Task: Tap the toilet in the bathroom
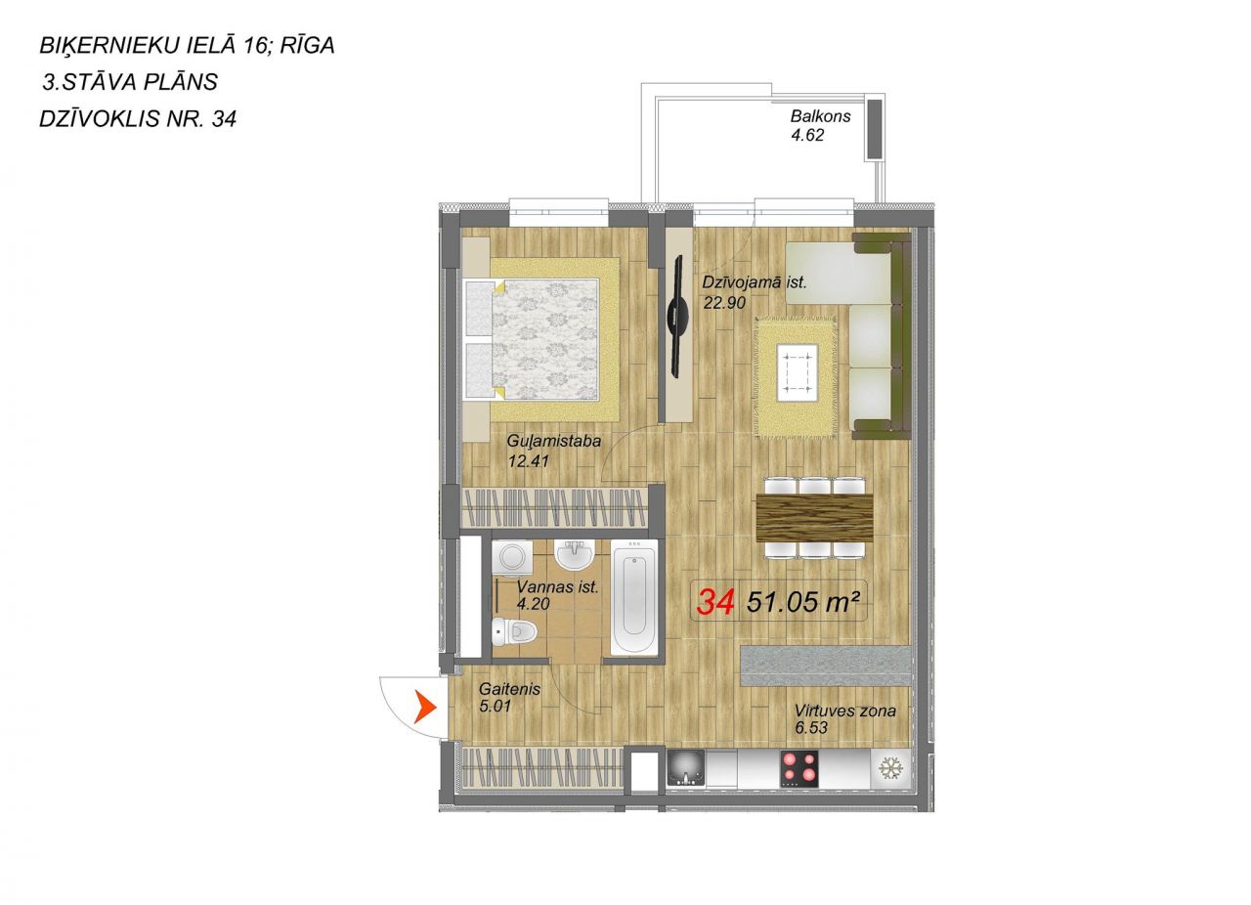[514, 631]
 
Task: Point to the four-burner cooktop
[799, 769]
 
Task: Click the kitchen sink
[686, 769]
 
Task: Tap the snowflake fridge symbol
[890, 769]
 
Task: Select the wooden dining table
[814, 518]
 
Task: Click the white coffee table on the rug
[797, 372]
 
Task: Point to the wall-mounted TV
[680, 316]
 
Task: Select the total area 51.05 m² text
[802, 602]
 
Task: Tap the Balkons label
[820, 116]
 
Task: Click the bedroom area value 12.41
[529, 461]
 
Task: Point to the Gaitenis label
[510, 689]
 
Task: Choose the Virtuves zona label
[845, 711]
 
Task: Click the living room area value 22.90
[724, 303]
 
